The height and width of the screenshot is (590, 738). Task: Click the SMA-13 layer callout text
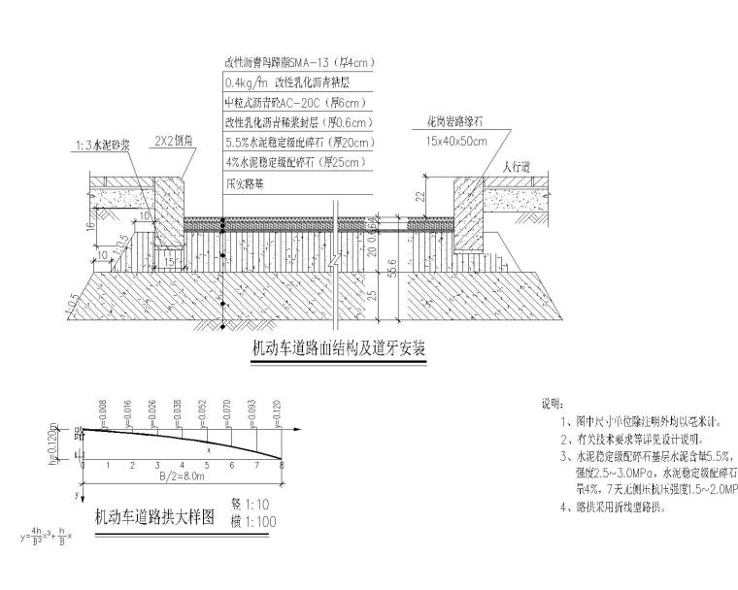[x=300, y=63]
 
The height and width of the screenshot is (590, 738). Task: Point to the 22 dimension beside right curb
[x=420, y=195]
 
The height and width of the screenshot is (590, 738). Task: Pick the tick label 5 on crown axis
[x=206, y=468]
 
